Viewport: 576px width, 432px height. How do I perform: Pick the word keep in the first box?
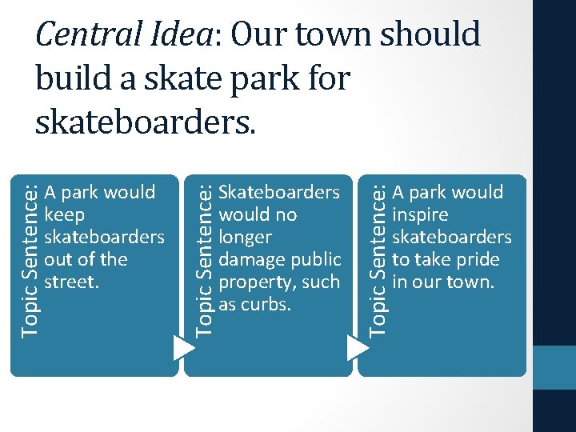(x=66, y=215)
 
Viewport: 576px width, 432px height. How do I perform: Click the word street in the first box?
(x=71, y=282)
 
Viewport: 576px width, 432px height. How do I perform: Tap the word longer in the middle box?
(x=245, y=238)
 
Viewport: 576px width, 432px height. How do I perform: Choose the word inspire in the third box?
(x=420, y=215)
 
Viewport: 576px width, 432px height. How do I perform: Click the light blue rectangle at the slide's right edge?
(x=554, y=368)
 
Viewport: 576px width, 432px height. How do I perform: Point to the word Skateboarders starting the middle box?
(x=279, y=193)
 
